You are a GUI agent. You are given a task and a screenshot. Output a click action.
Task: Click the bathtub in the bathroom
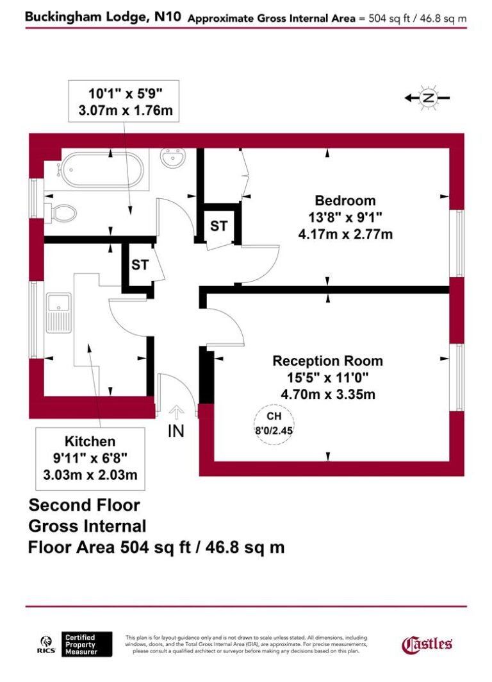pos(102,170)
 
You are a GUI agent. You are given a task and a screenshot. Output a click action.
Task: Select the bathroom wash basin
pos(173,158)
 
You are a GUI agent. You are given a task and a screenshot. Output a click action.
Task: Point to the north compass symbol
pos(427,98)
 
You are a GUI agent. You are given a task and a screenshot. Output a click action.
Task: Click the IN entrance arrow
pos(176,414)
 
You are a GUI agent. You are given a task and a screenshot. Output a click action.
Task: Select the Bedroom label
pos(345,200)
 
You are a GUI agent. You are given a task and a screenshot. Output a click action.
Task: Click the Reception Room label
pos(327,361)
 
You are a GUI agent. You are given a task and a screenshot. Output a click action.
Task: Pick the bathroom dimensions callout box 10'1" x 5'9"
pos(124,101)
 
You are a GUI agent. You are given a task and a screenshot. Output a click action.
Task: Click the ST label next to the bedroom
pos(219,226)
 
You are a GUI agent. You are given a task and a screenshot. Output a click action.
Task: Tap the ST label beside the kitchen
pos(140,264)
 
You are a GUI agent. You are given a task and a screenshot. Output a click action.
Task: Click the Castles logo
pos(427,644)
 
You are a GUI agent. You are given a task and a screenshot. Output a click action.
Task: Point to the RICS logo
pos(46,644)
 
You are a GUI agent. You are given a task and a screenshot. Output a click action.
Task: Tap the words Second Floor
pos(84,505)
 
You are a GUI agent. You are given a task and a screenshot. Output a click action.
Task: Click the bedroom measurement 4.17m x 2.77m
pos(345,235)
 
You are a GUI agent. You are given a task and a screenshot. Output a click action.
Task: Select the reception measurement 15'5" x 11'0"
pos(327,377)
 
